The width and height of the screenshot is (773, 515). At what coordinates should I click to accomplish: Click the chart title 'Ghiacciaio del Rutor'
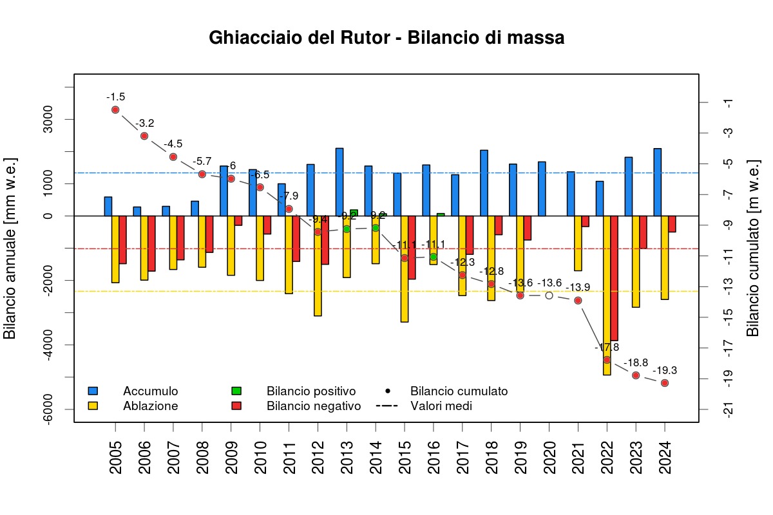tap(386, 38)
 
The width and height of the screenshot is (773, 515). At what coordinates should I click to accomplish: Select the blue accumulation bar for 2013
tap(339, 182)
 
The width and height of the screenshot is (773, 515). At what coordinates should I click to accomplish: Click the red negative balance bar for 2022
tap(615, 278)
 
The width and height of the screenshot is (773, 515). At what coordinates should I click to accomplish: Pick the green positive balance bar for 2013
tap(354, 212)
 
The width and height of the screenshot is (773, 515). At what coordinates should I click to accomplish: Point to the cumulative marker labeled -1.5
tap(115, 110)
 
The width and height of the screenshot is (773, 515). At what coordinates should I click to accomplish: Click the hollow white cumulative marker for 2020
tap(549, 295)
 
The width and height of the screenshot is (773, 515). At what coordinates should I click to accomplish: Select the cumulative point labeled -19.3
tap(665, 383)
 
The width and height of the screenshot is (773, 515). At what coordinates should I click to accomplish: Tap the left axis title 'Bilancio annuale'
tap(10, 248)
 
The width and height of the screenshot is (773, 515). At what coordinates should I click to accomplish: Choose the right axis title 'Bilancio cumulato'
tap(752, 248)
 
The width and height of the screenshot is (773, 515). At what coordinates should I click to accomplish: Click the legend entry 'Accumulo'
tap(150, 391)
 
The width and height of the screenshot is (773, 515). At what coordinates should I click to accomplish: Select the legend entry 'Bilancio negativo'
tap(313, 406)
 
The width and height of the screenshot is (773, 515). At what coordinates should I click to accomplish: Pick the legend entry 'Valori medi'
tap(441, 406)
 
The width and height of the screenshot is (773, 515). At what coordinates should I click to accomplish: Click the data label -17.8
tap(607, 348)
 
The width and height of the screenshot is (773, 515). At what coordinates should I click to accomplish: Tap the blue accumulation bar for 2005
tap(108, 206)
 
